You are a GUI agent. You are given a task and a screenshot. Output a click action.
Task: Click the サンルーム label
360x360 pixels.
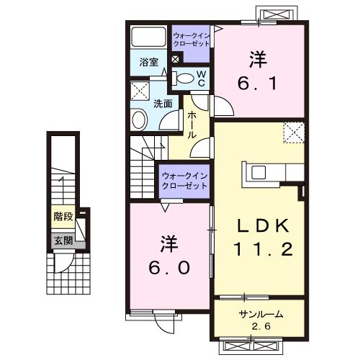(x=260, y=314)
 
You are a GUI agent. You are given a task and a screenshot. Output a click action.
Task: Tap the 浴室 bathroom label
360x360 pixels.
(x=149, y=63)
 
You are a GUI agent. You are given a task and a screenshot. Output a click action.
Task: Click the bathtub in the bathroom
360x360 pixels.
(x=149, y=37)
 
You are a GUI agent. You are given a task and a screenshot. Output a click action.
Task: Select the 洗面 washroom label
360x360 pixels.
(x=163, y=103)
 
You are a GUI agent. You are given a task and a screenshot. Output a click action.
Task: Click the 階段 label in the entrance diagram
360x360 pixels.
(x=63, y=216)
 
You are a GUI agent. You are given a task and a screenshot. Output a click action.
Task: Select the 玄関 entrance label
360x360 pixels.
(x=63, y=240)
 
